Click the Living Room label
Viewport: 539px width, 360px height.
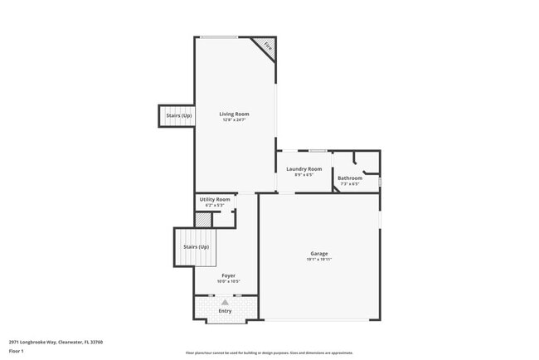[x=234, y=114]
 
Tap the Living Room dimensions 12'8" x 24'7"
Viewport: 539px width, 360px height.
[x=234, y=119]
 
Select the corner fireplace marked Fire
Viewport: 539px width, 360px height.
[x=265, y=47]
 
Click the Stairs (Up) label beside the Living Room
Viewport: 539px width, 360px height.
[x=179, y=115]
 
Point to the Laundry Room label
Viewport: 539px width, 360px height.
[x=304, y=169]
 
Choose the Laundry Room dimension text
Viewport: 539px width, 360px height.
[x=304, y=175]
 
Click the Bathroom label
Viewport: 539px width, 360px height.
[x=350, y=178]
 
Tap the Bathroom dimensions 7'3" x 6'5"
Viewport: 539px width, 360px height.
[x=350, y=184]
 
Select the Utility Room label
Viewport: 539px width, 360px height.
[x=215, y=199]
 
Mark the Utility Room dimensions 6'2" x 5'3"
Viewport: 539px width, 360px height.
[x=215, y=205]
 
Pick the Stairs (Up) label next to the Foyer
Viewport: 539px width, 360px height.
[x=196, y=246]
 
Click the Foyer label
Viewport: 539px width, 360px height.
[x=228, y=275]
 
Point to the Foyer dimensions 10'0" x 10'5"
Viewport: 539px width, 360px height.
[x=228, y=281]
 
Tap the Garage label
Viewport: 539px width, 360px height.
[x=319, y=254]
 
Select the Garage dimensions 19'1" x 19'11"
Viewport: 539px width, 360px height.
[x=319, y=260]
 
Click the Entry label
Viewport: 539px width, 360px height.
[x=225, y=311]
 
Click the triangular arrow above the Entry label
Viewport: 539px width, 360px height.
[x=225, y=303]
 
